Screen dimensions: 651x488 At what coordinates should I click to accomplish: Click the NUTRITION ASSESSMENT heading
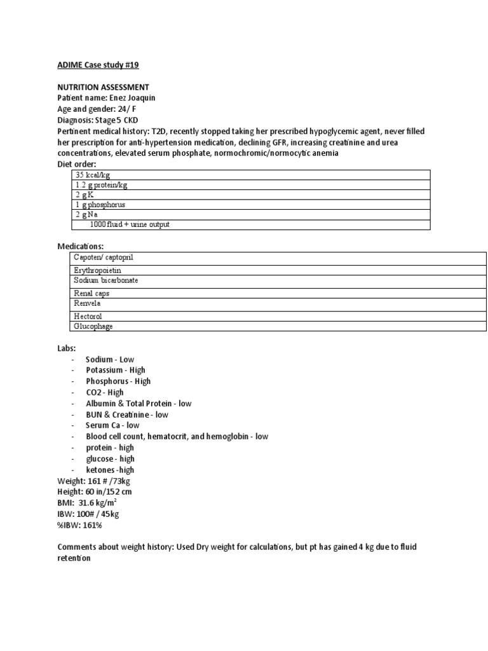click(x=104, y=86)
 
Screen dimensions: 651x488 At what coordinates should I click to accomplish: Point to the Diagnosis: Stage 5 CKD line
click(x=98, y=120)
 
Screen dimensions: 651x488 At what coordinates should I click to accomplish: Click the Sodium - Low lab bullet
click(x=110, y=359)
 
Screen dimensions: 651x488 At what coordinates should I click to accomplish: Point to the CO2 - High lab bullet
click(x=105, y=392)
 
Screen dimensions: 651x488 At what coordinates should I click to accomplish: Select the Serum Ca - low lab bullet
click(x=112, y=425)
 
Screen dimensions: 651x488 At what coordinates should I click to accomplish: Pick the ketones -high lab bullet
click(x=110, y=469)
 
